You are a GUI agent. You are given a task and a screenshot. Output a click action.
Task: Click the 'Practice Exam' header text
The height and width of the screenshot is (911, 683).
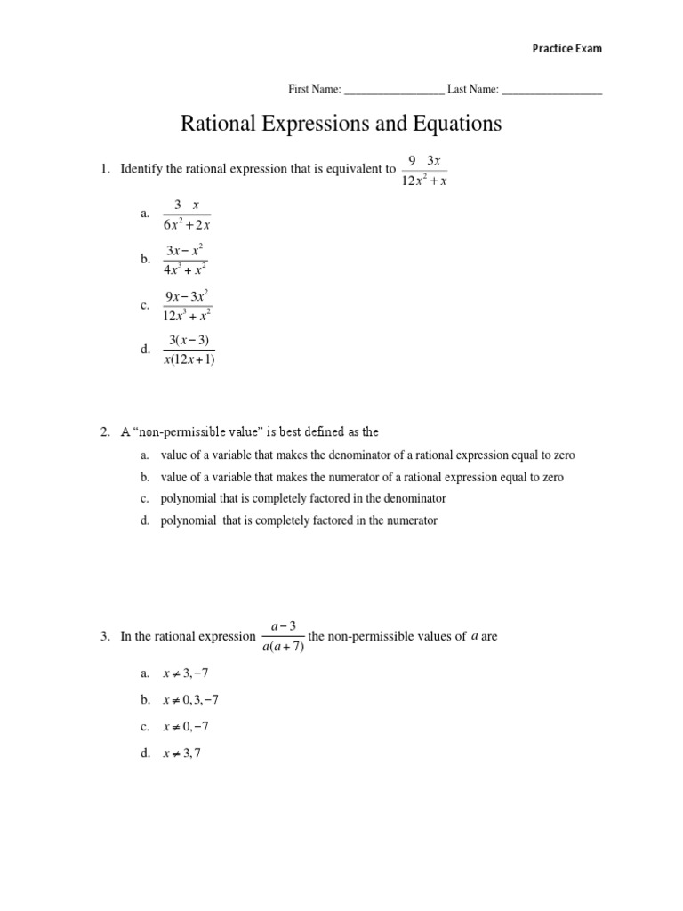tap(566, 49)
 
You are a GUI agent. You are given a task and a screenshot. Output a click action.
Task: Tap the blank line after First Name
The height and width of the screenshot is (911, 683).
tap(393, 91)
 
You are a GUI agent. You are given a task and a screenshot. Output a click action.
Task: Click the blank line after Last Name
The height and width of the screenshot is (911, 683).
tap(551, 91)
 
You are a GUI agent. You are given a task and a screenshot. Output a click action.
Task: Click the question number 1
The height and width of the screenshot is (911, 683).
tap(104, 169)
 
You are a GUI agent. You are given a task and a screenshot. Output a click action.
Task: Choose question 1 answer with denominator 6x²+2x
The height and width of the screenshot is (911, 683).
tap(186, 215)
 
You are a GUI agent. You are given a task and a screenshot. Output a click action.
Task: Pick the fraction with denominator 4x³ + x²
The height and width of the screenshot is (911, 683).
tap(186, 260)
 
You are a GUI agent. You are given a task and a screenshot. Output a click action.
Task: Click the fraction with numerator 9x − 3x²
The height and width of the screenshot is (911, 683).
tap(187, 305)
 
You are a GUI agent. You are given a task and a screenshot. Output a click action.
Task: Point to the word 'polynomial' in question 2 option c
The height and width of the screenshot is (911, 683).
tap(188, 499)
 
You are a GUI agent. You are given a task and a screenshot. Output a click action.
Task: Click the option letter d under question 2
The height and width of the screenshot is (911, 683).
tap(144, 521)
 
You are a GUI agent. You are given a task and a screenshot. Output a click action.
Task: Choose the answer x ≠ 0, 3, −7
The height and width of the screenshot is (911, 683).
tap(190, 700)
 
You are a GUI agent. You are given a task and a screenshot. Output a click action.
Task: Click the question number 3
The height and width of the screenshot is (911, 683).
tap(104, 636)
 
